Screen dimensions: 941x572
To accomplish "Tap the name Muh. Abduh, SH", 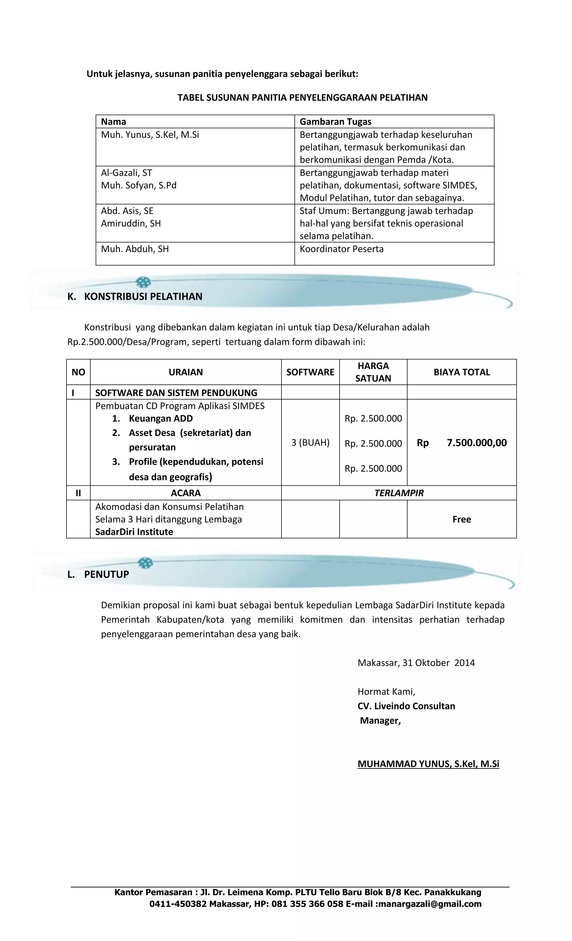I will point(135,249).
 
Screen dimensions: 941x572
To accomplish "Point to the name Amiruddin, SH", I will point(131,223).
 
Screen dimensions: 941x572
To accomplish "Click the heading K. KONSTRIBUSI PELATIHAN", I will point(135,297).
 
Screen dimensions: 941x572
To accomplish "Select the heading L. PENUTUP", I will point(98,574).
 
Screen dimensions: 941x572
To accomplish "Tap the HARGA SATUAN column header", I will point(373,372).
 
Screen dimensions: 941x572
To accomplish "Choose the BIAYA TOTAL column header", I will point(461,372).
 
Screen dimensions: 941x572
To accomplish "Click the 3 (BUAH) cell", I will point(310,443).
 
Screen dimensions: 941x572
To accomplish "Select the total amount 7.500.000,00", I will point(476,443).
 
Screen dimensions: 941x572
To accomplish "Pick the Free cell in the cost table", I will point(461,519).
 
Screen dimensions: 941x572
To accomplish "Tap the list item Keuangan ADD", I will point(161,418).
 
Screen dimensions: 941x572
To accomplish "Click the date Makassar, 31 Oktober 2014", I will point(416,663).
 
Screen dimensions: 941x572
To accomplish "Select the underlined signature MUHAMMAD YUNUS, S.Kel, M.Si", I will point(428,764).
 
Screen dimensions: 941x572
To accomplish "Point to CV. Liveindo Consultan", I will point(406,706).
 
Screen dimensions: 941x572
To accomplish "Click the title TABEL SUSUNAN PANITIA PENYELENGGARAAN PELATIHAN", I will point(302,98).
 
